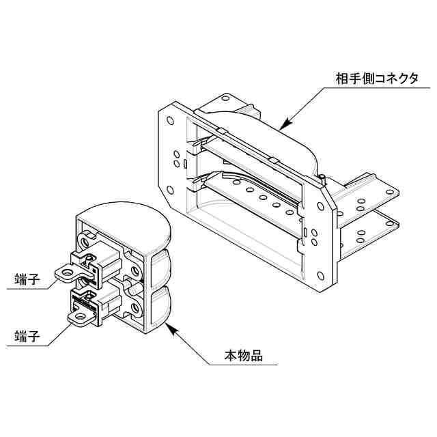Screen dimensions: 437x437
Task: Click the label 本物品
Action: click(244, 356)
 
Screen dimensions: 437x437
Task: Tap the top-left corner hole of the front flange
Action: click(170, 120)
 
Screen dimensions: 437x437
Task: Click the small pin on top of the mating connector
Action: click(320, 179)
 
